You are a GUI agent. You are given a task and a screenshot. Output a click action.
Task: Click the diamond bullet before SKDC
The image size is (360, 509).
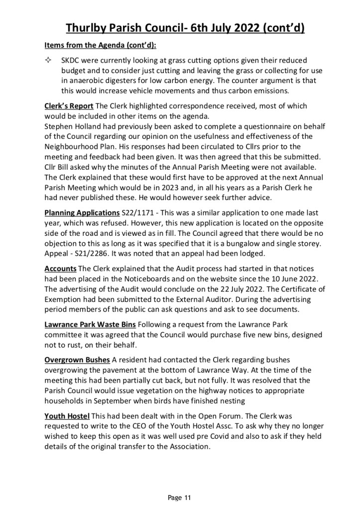(x=49, y=60)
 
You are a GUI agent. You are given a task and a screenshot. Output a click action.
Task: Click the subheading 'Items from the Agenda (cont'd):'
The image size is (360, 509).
(x=100, y=45)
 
